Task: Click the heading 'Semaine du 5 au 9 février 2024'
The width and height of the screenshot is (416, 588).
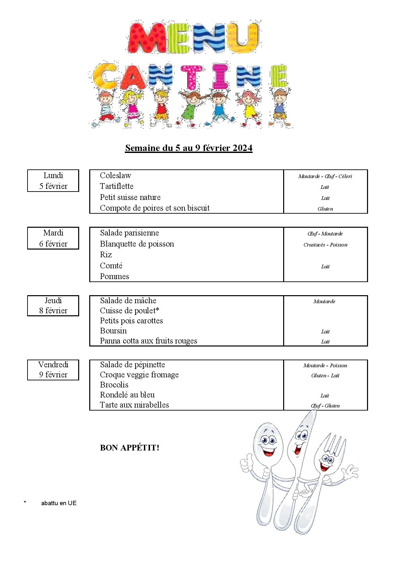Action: pyautogui.click(x=189, y=148)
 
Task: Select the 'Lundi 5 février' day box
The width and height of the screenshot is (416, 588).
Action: pyautogui.click(x=53, y=181)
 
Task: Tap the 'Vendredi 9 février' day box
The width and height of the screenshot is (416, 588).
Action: pyautogui.click(x=53, y=370)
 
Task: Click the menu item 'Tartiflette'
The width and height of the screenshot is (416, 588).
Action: pyautogui.click(x=116, y=186)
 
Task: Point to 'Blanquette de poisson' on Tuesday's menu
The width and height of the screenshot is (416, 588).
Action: pyautogui.click(x=137, y=244)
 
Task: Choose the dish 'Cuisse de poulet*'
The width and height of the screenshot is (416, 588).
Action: pyautogui.click(x=129, y=311)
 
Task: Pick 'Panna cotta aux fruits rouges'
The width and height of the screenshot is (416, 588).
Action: pyautogui.click(x=148, y=341)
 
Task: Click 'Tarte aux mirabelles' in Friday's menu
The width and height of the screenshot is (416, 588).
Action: pyautogui.click(x=134, y=405)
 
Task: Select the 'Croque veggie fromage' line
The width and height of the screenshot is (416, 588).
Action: pyautogui.click(x=139, y=375)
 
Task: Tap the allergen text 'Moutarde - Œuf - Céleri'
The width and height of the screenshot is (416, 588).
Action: pyautogui.click(x=325, y=176)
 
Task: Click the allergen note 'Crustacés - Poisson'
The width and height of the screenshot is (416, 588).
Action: pyautogui.click(x=325, y=245)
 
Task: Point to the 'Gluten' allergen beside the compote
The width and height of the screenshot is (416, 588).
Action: pyautogui.click(x=325, y=209)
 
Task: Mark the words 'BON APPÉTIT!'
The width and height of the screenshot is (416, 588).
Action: pyautogui.click(x=129, y=448)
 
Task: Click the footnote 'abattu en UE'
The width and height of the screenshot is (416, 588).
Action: pyautogui.click(x=59, y=503)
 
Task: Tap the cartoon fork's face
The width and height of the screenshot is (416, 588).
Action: pyautogui.click(x=326, y=463)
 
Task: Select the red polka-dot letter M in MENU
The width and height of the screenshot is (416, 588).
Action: pyautogui.click(x=147, y=38)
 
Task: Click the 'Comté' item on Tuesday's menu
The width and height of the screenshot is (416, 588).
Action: pyautogui.click(x=111, y=266)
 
